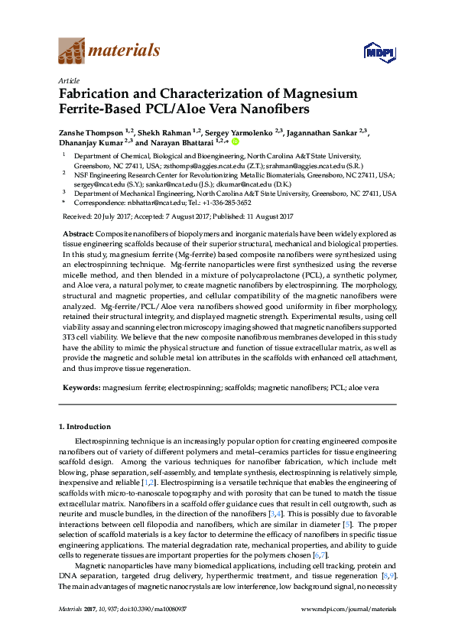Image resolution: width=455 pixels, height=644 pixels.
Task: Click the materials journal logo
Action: (109, 51)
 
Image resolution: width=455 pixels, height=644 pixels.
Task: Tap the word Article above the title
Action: (68, 80)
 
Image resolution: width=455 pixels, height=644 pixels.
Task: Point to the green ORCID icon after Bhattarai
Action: (236, 141)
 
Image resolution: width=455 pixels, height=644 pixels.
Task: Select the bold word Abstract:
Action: (78, 233)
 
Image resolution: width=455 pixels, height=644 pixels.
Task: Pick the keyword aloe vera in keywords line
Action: (364, 389)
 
